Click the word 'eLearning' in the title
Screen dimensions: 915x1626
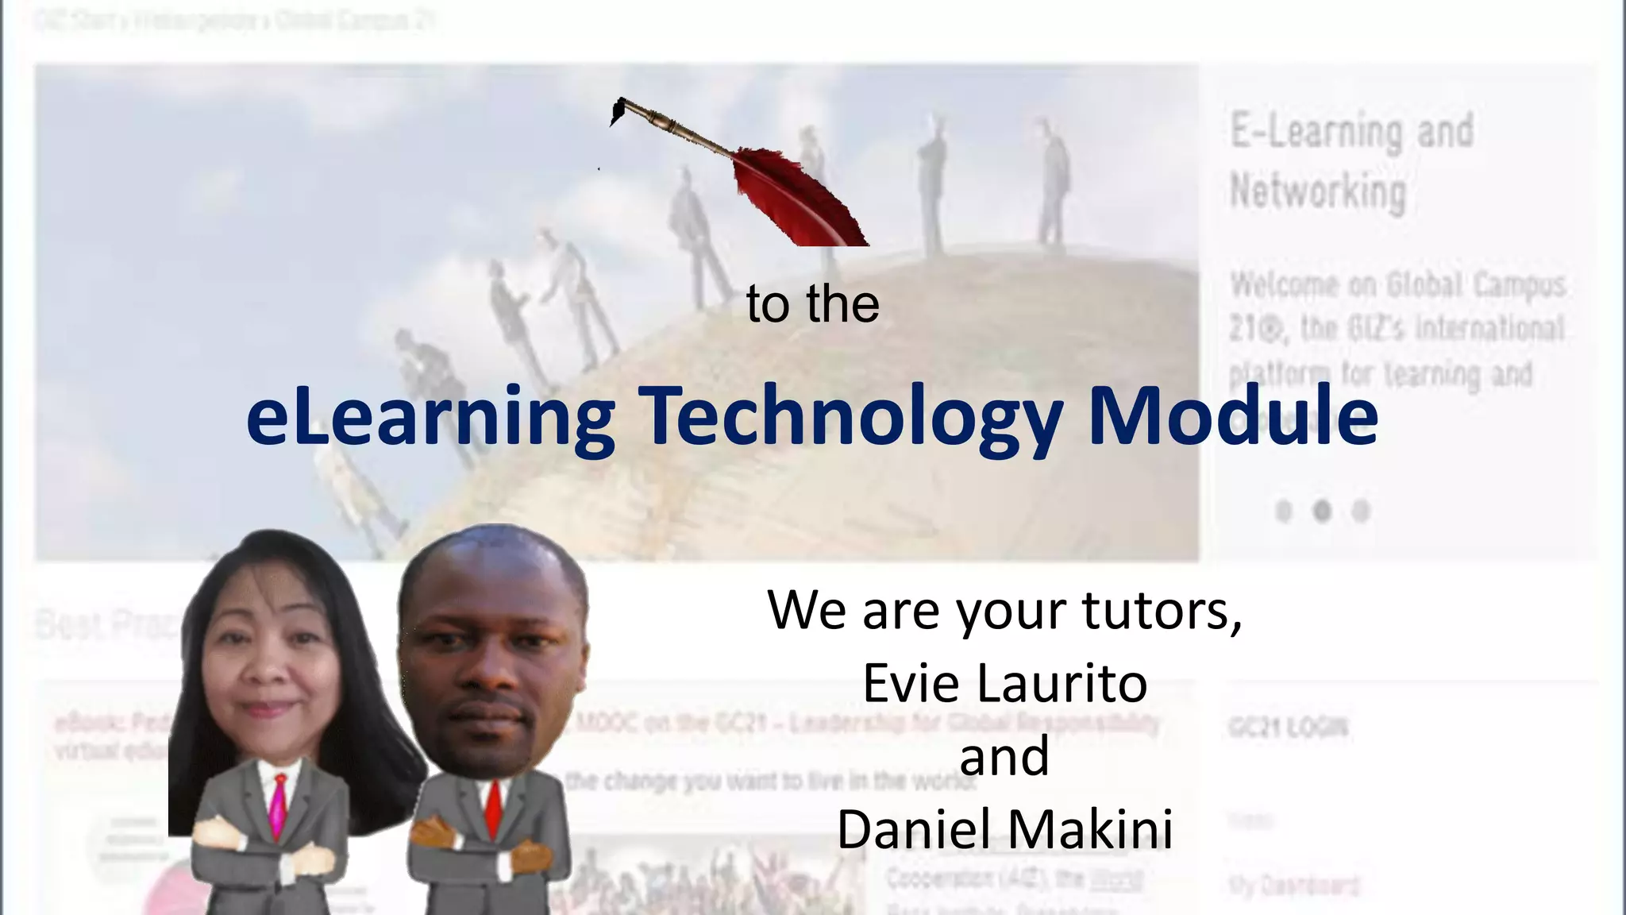(430, 416)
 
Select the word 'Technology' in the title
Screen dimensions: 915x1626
(850, 416)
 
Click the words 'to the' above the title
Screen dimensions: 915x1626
(812, 304)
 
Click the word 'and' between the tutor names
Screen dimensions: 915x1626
(1004, 756)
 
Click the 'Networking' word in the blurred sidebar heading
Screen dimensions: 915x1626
(1318, 192)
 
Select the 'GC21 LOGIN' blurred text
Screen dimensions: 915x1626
(1288, 727)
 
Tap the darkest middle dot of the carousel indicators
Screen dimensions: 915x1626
(1322, 511)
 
